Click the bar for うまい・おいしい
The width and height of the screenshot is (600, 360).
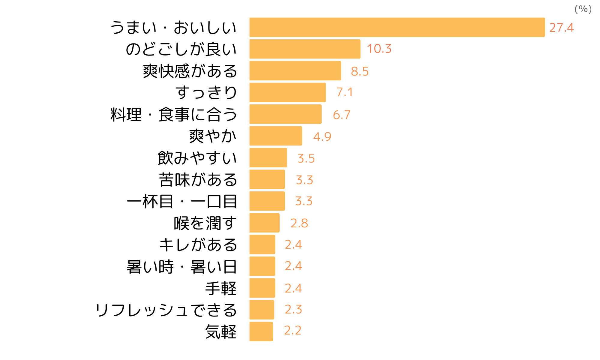pos(397,27)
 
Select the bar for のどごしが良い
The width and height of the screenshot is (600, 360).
pos(305,49)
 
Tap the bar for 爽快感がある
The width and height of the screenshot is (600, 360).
pos(295,71)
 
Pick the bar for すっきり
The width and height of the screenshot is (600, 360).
pos(287,92)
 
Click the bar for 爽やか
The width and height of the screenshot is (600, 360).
pos(276,136)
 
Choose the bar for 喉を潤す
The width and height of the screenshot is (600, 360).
pos(264,223)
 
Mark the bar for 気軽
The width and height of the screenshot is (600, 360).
pos(261,331)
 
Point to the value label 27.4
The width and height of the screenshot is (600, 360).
pos(561,28)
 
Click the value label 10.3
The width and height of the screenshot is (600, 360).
pos(379,49)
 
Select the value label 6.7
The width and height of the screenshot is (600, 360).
pos(341,115)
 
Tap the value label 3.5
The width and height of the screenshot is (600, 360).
pos(306,158)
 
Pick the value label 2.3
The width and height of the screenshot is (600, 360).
pos(293,309)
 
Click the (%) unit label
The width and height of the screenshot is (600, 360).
pos(583,9)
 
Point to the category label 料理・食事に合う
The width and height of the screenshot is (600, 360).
pos(174,115)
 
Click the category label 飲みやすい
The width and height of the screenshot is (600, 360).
pos(197,158)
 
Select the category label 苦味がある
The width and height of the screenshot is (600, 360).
pos(198,180)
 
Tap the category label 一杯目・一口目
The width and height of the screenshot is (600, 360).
pos(182,201)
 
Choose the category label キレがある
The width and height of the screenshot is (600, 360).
pos(198,245)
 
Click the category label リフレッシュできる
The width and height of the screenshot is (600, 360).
pos(166,310)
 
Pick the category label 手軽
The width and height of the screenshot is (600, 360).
pos(221,288)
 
